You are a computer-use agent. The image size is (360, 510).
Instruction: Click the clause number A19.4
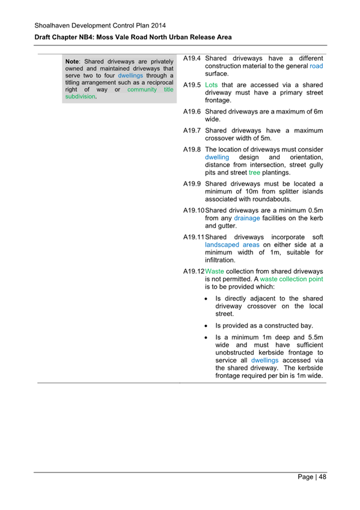[x=192, y=58]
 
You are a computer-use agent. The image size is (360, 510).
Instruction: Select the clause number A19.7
[x=192, y=131]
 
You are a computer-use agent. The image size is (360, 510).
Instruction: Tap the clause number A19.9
[x=192, y=184]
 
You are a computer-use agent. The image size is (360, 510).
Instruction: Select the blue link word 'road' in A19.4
[x=316, y=66]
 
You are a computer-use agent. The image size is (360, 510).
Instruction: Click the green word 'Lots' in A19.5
[x=211, y=85]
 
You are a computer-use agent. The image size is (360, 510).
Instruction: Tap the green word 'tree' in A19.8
[x=254, y=173]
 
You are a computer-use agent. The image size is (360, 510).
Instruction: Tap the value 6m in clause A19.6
[x=317, y=112]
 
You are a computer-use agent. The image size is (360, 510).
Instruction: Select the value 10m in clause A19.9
[x=251, y=192]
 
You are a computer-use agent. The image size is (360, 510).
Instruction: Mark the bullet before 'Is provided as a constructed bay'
[x=207, y=325]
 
